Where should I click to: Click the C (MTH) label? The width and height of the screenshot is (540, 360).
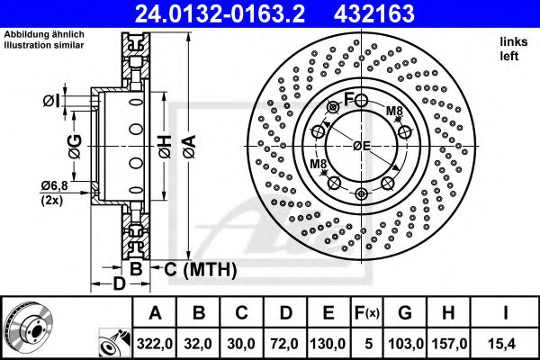[x=199, y=269]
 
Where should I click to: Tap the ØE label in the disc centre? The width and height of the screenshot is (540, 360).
[x=362, y=146]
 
